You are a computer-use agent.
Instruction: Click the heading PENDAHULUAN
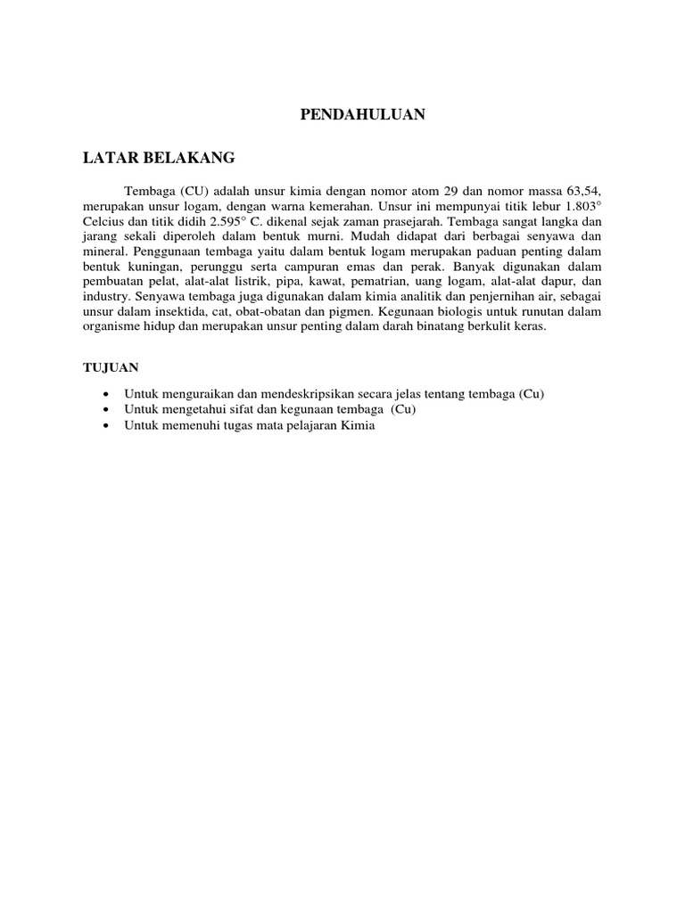(x=360, y=114)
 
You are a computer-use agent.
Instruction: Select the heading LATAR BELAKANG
(x=159, y=158)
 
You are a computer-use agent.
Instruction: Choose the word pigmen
(x=352, y=312)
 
